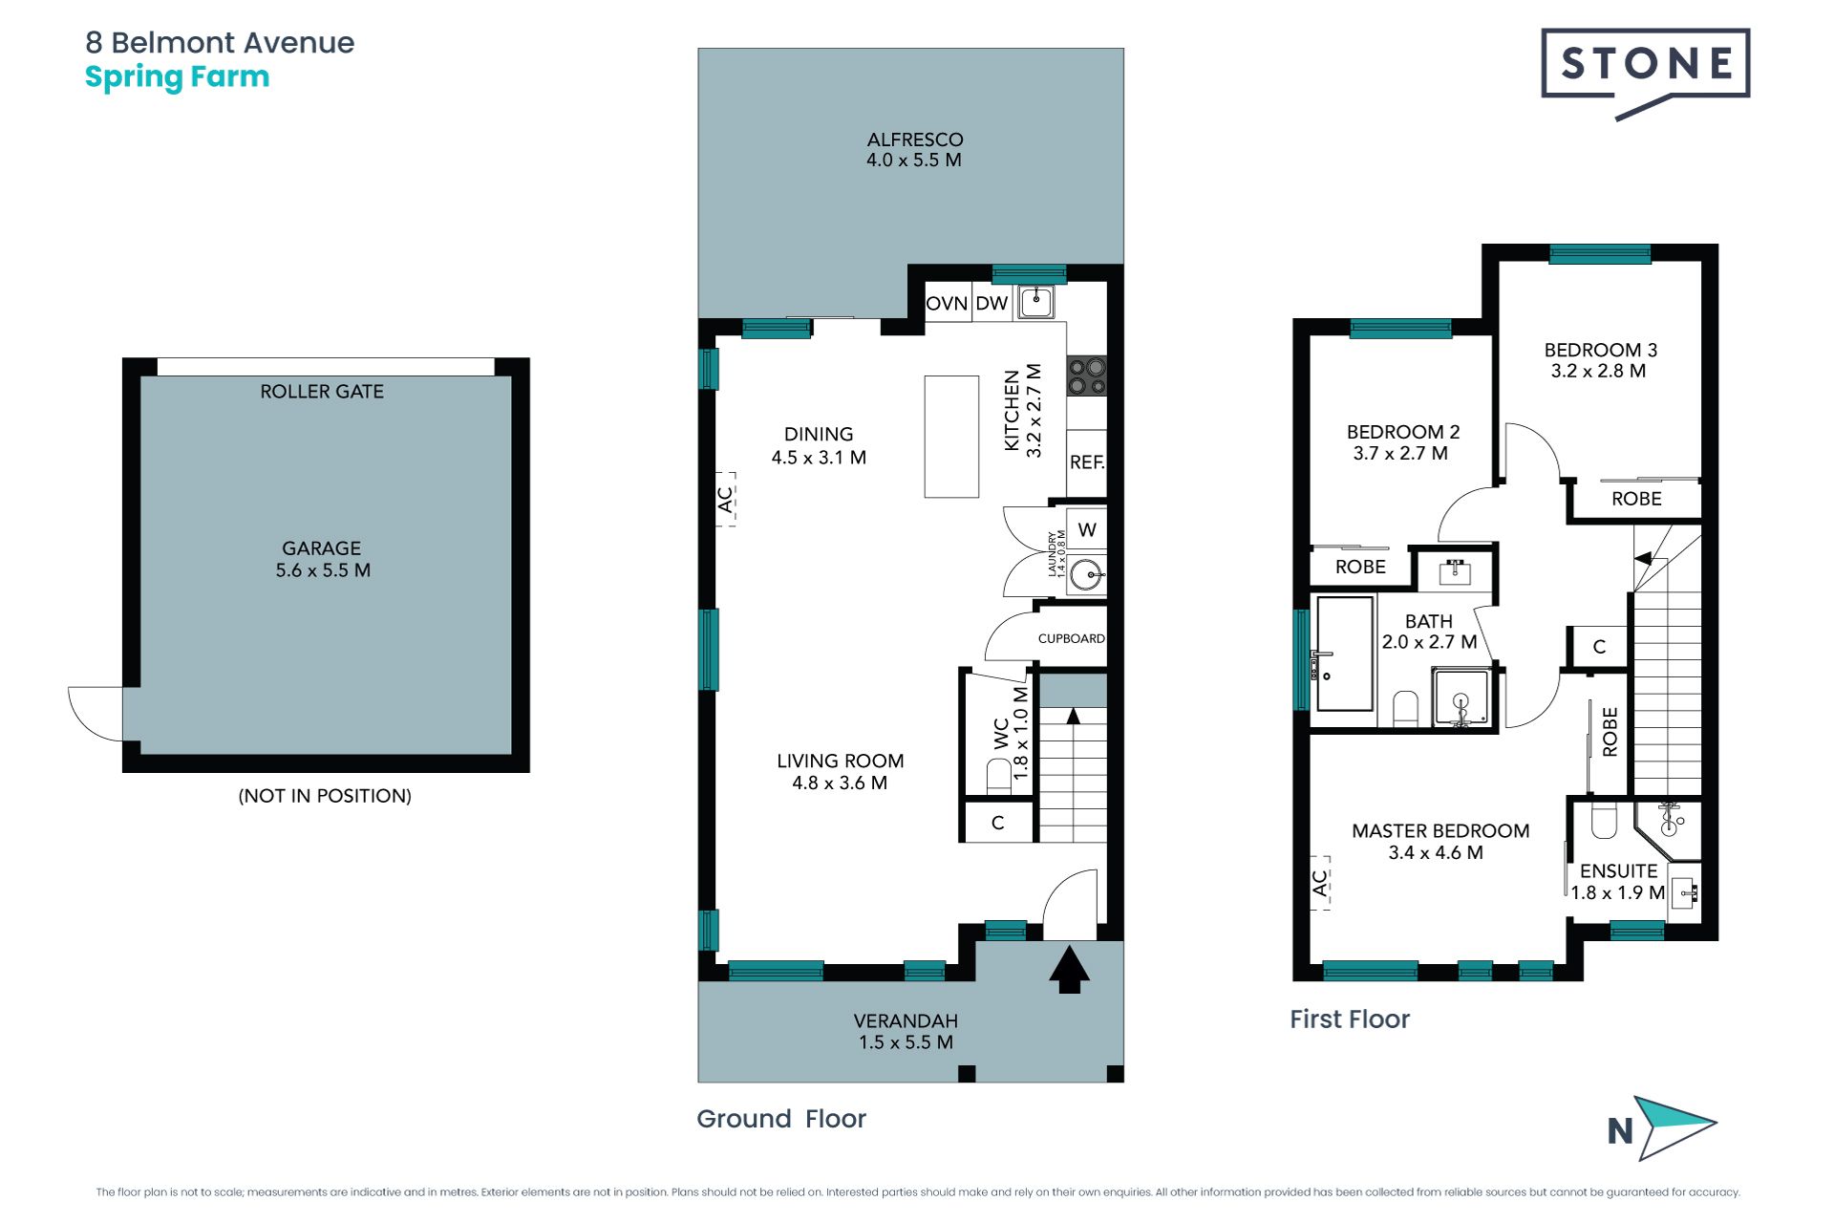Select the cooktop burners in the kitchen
tap(1087, 375)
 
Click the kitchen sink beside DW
tap(1035, 302)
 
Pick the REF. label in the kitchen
tap(1087, 462)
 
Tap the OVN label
tap(947, 304)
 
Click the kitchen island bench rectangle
tap(951, 437)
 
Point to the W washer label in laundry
tap(1087, 530)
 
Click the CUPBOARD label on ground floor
tap(1071, 638)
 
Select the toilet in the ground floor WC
tap(999, 775)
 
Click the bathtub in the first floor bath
tap(1345, 654)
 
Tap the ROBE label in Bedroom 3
tap(1636, 499)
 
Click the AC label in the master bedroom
tap(1320, 883)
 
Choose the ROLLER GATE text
tap(322, 392)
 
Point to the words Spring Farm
tap(178, 77)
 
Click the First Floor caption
tap(1350, 1019)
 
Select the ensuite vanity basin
tap(1684, 893)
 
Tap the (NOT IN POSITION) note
tap(325, 796)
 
